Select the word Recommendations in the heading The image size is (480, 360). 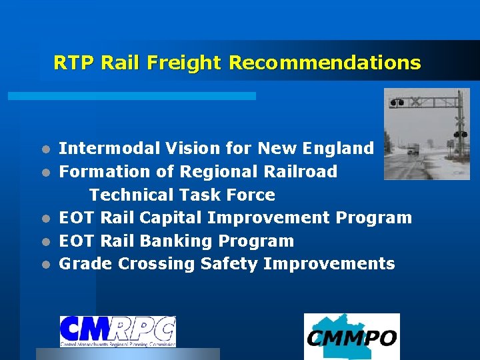[x=325, y=63]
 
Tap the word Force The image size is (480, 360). [x=251, y=195]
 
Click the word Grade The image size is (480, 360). [x=86, y=264]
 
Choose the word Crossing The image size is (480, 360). [x=157, y=264]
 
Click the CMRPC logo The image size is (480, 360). [x=117, y=331]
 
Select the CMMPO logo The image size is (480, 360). [x=351, y=336]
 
